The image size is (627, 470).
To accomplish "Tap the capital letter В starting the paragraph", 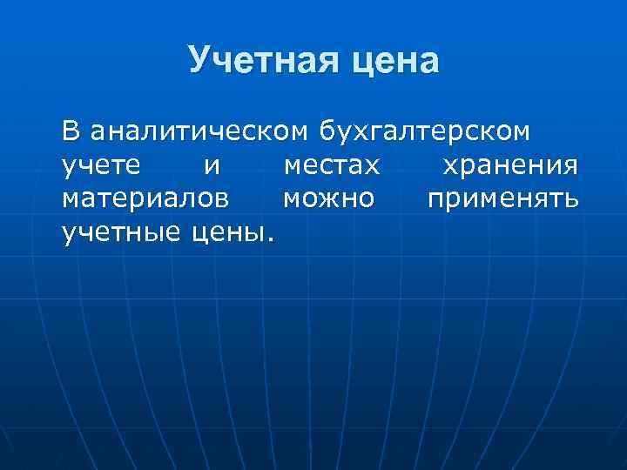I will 71,132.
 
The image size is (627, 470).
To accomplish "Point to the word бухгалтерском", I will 423,132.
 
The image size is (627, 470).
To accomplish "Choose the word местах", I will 331,165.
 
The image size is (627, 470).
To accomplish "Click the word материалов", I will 146,199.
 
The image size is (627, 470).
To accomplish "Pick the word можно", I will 328,199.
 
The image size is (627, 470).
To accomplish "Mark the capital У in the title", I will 199,61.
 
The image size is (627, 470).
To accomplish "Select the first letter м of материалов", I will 70,199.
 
